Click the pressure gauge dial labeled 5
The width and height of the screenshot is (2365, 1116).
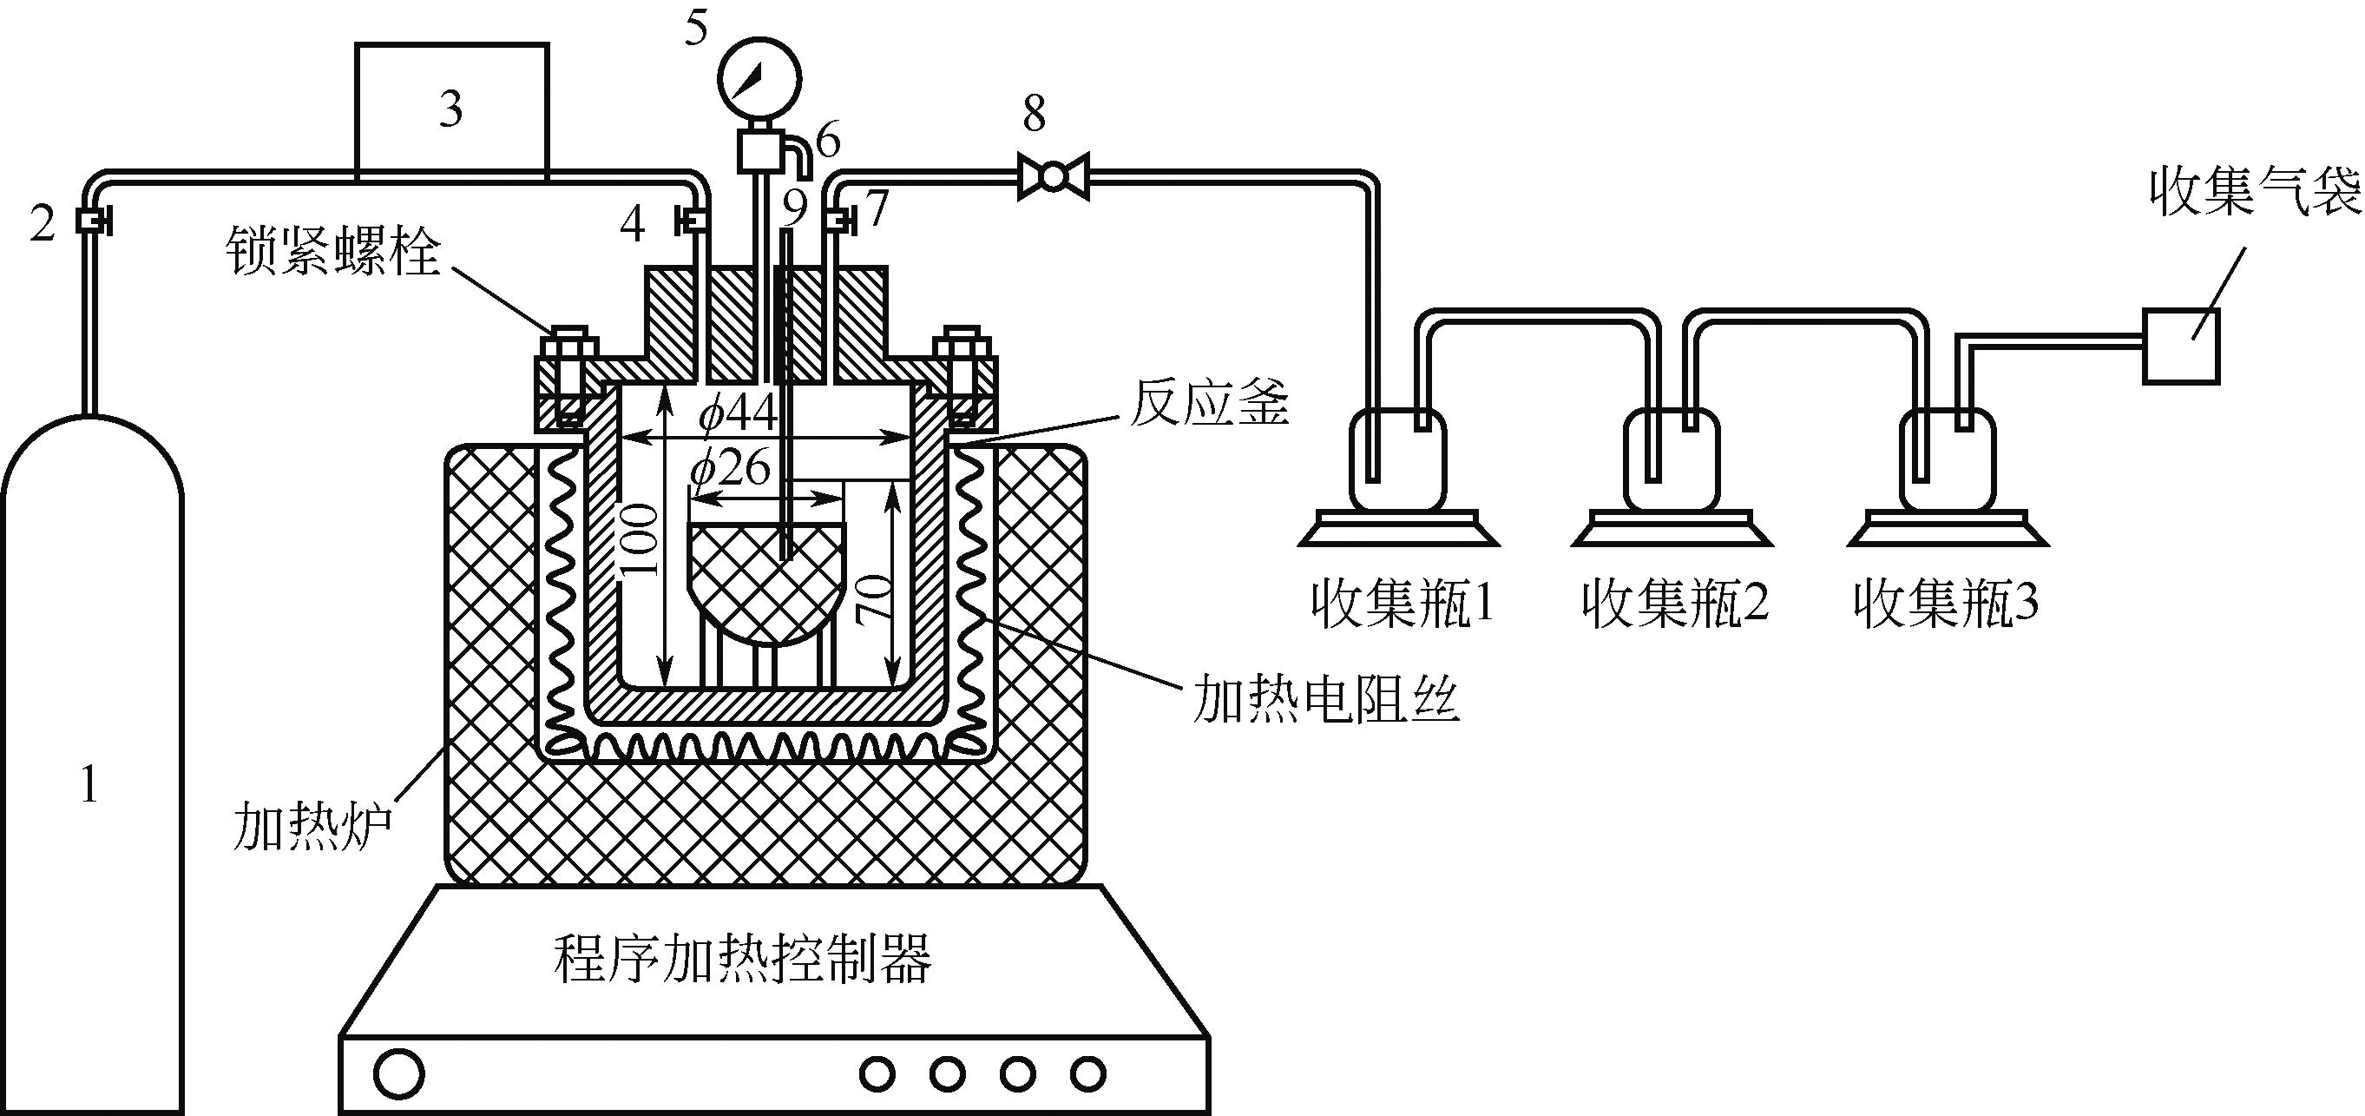[x=759, y=80]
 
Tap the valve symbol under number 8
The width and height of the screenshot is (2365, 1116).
[x=1053, y=175]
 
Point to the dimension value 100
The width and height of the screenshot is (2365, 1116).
[x=640, y=540]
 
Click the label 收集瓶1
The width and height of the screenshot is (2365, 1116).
[x=1402, y=604]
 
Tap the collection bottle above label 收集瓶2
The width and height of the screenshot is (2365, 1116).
[x=1671, y=459]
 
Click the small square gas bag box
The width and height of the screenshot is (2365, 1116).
[x=2180, y=347]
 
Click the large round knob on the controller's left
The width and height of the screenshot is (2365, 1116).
[x=399, y=1073]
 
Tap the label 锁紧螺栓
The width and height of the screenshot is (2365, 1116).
[x=333, y=250]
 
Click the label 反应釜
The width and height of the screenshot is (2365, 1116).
[x=1209, y=404]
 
